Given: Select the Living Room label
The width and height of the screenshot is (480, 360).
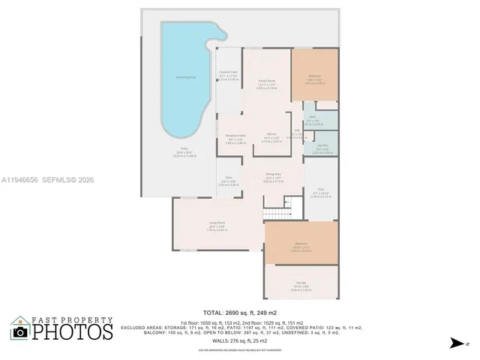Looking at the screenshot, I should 217,224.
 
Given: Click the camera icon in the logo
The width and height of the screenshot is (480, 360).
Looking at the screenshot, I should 20,331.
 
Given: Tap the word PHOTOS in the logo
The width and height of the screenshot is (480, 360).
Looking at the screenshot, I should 72,331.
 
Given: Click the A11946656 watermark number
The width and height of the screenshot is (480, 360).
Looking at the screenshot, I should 22,180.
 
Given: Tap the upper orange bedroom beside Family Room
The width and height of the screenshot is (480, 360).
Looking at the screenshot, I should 314,74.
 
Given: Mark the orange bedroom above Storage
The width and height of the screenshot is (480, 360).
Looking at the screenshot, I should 301,243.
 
